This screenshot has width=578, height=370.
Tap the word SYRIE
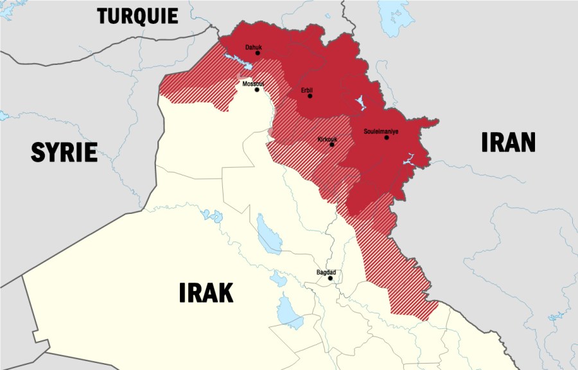coord(64,152)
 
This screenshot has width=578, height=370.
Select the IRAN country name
coord(508,142)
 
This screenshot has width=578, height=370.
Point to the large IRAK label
coord(206,292)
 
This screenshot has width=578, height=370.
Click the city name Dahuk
coord(253,47)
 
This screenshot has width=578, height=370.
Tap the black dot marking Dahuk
coord(258,53)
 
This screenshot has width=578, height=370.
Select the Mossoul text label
coord(253,84)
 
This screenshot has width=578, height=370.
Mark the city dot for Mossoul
coord(257,90)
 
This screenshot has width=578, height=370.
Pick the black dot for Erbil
coord(310,96)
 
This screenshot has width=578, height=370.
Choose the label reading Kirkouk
coord(328,139)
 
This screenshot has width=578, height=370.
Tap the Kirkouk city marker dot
coord(332,145)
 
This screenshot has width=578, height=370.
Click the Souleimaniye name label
coord(381,131)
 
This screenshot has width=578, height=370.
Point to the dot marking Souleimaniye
coord(387,137)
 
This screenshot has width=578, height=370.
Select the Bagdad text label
coord(326,272)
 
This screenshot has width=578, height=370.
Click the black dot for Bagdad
coord(331,278)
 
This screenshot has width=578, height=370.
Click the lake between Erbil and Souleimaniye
coord(360,102)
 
